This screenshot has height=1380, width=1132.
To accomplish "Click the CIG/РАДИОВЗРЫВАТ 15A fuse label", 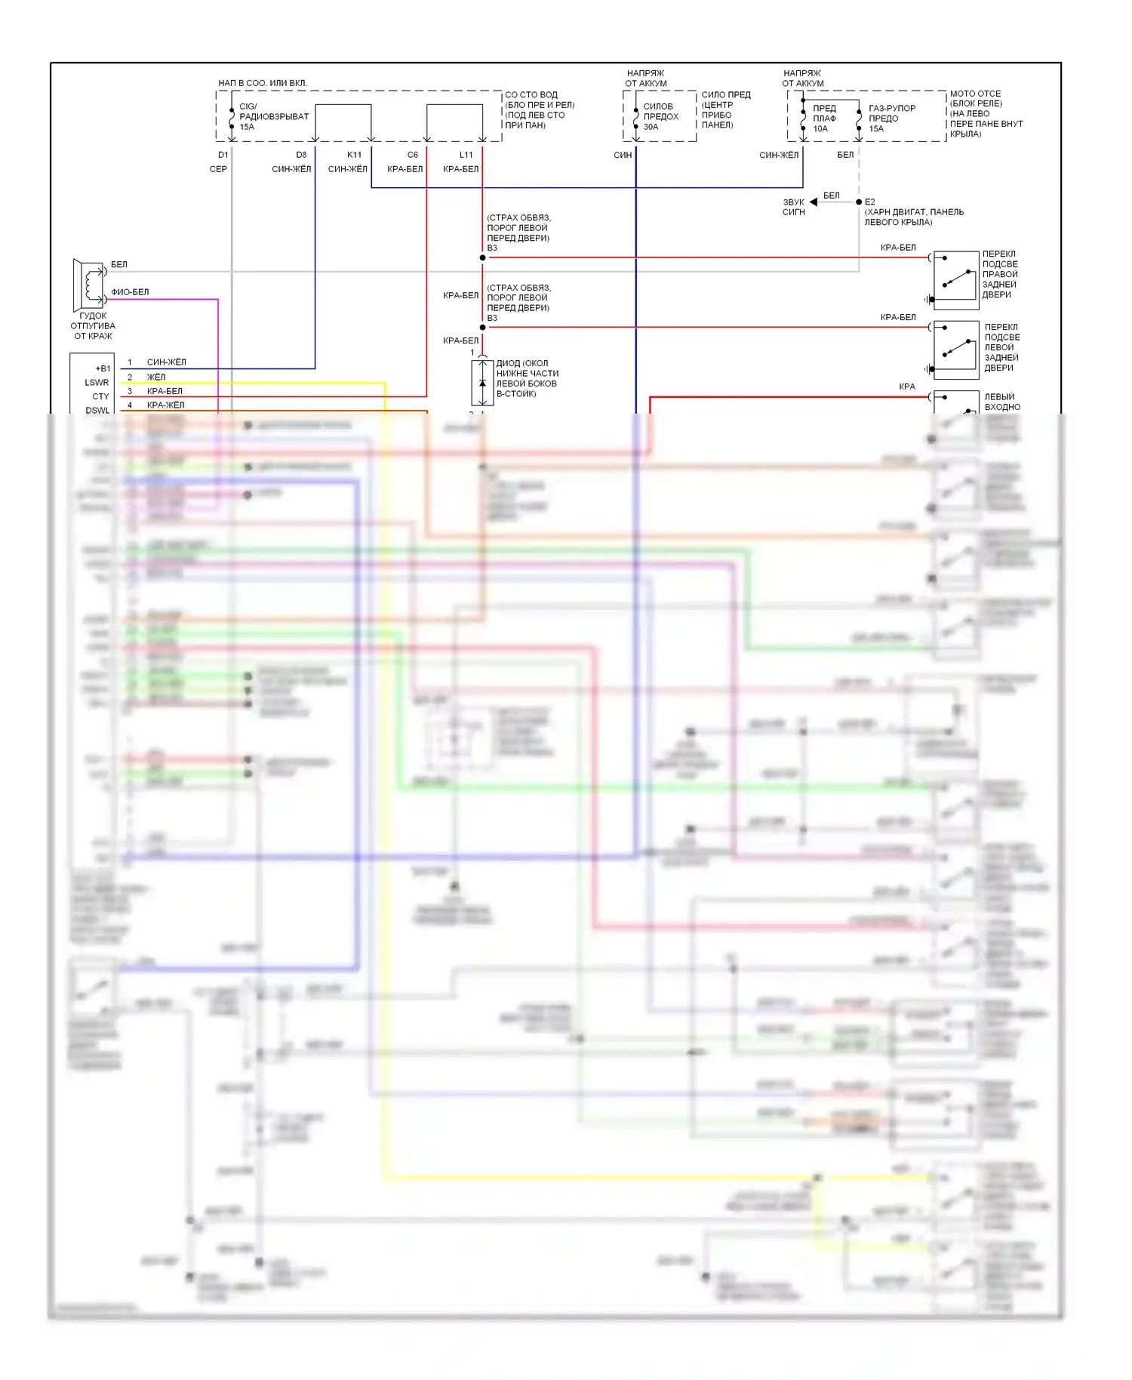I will [x=273, y=116].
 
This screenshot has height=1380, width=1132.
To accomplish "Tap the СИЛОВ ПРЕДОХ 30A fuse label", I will [x=660, y=116].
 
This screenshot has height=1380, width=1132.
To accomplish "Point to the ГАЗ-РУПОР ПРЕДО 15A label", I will [x=891, y=119].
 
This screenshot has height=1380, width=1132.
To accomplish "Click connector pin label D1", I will [x=223, y=155].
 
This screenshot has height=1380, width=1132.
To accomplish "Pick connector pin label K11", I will [x=354, y=155].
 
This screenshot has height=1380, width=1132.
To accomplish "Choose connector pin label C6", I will [x=413, y=155].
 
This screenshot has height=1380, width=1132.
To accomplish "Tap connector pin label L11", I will [x=466, y=155].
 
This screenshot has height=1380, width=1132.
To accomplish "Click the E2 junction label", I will [x=870, y=202].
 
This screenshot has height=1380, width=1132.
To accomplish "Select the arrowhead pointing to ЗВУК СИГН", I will [x=814, y=202].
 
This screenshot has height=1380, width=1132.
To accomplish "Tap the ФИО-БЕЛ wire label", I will [x=130, y=292].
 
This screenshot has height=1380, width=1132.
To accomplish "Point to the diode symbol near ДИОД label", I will [x=482, y=383].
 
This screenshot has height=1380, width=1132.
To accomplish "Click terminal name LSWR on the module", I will [x=97, y=383].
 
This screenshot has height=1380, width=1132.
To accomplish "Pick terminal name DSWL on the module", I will [x=97, y=411].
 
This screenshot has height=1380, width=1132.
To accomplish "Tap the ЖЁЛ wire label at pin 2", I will [x=156, y=377].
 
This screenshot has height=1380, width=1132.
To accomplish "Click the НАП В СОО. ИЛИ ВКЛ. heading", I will [x=263, y=83].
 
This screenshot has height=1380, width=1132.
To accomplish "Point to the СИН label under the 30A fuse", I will [x=623, y=155].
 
